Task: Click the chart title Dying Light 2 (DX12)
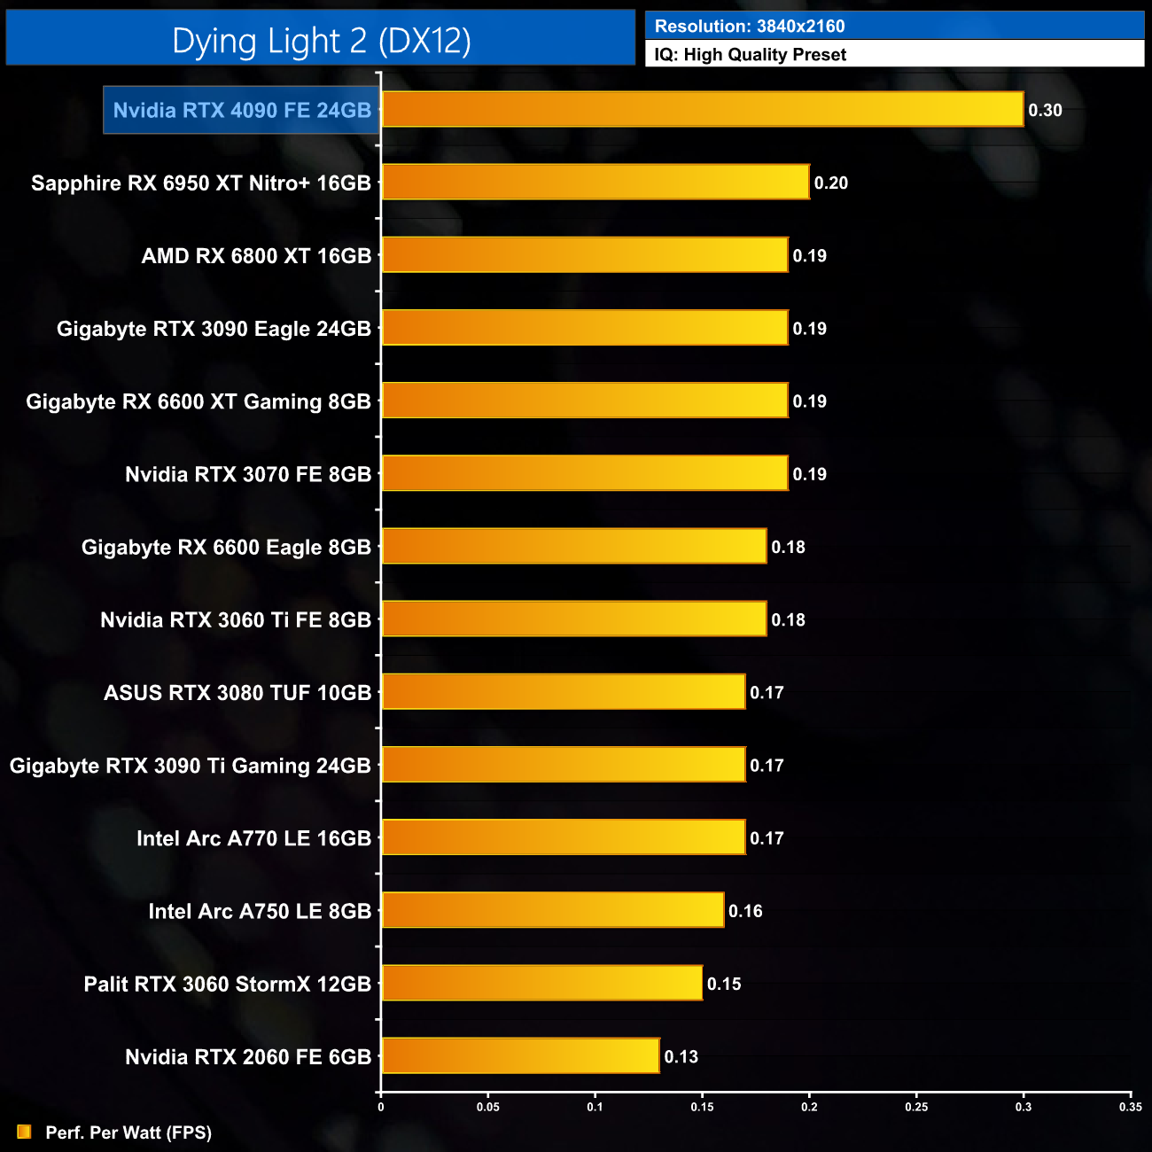click(x=321, y=41)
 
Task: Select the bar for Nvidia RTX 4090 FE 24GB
click(x=702, y=110)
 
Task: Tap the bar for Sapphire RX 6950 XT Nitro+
click(x=595, y=183)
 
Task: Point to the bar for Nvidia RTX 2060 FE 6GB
click(x=520, y=1056)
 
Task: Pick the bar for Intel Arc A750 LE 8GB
click(x=552, y=911)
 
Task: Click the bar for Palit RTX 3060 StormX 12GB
click(x=541, y=984)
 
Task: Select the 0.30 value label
click(x=1045, y=111)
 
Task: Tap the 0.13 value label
click(x=681, y=1057)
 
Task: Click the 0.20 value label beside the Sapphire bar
click(x=830, y=183)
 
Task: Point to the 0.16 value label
click(x=745, y=912)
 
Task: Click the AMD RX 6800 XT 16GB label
click(x=256, y=256)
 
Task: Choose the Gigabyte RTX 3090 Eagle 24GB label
click(x=214, y=329)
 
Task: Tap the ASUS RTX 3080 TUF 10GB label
click(x=237, y=693)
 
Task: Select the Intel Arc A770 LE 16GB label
click(x=253, y=838)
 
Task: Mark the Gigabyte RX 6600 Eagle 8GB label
click(x=226, y=548)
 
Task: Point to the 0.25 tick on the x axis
click(x=916, y=1107)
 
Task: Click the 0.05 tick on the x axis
click(x=488, y=1107)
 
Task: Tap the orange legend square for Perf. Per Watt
click(x=24, y=1133)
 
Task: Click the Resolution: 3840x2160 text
click(x=750, y=27)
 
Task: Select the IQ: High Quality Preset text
click(x=751, y=55)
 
